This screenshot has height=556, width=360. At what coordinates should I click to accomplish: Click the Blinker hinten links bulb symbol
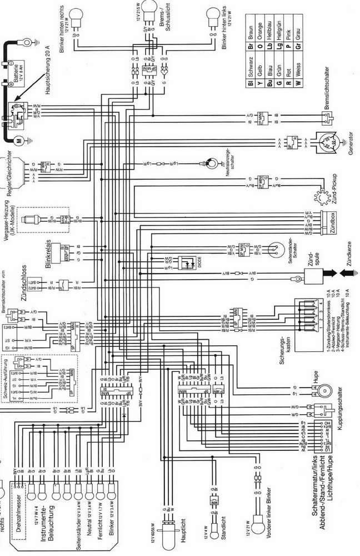tap(213, 14)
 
